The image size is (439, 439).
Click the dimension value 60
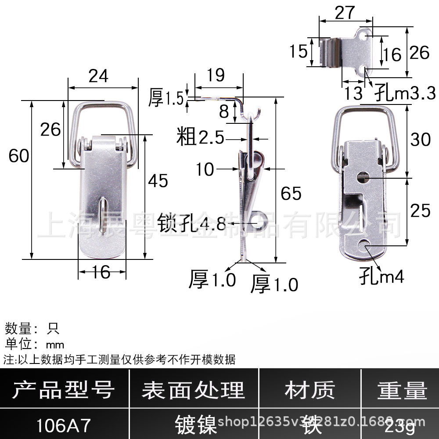(x=19, y=155)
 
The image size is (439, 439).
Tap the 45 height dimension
(x=158, y=180)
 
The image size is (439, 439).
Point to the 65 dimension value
(x=291, y=193)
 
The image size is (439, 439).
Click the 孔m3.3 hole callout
(x=405, y=93)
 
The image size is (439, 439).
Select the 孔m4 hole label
(x=381, y=277)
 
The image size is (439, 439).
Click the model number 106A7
(x=64, y=425)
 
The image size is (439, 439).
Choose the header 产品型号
(x=64, y=390)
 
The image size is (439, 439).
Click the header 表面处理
(x=193, y=390)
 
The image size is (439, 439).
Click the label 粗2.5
(x=200, y=138)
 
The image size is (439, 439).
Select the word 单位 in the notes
(x=18, y=344)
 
